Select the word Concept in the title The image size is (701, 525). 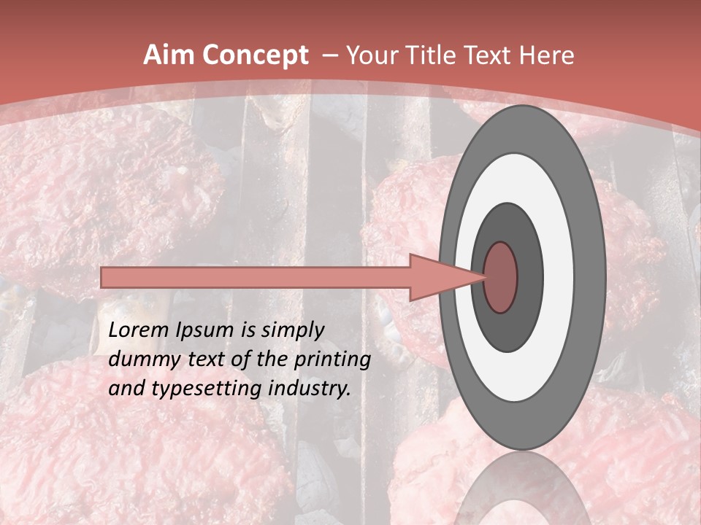(x=255, y=55)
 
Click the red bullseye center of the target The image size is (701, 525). (x=500, y=277)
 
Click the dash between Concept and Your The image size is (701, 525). (x=328, y=56)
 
